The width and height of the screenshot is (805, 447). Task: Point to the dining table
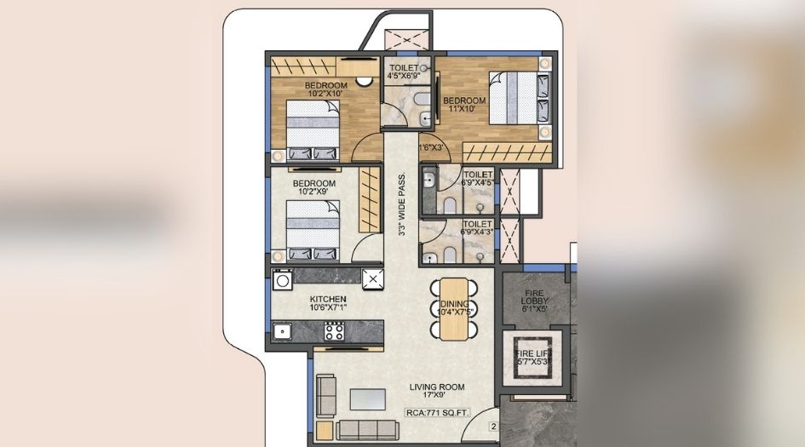pos(457,309)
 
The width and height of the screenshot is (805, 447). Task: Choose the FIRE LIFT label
pos(534,358)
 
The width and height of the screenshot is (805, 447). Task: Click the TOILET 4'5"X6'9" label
pos(405,72)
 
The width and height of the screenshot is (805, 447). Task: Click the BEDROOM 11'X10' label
pos(464,106)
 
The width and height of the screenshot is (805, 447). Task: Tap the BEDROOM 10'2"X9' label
pos(313,187)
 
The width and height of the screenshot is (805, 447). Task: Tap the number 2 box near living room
pos(492,427)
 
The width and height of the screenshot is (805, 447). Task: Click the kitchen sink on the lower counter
pos(282,332)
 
